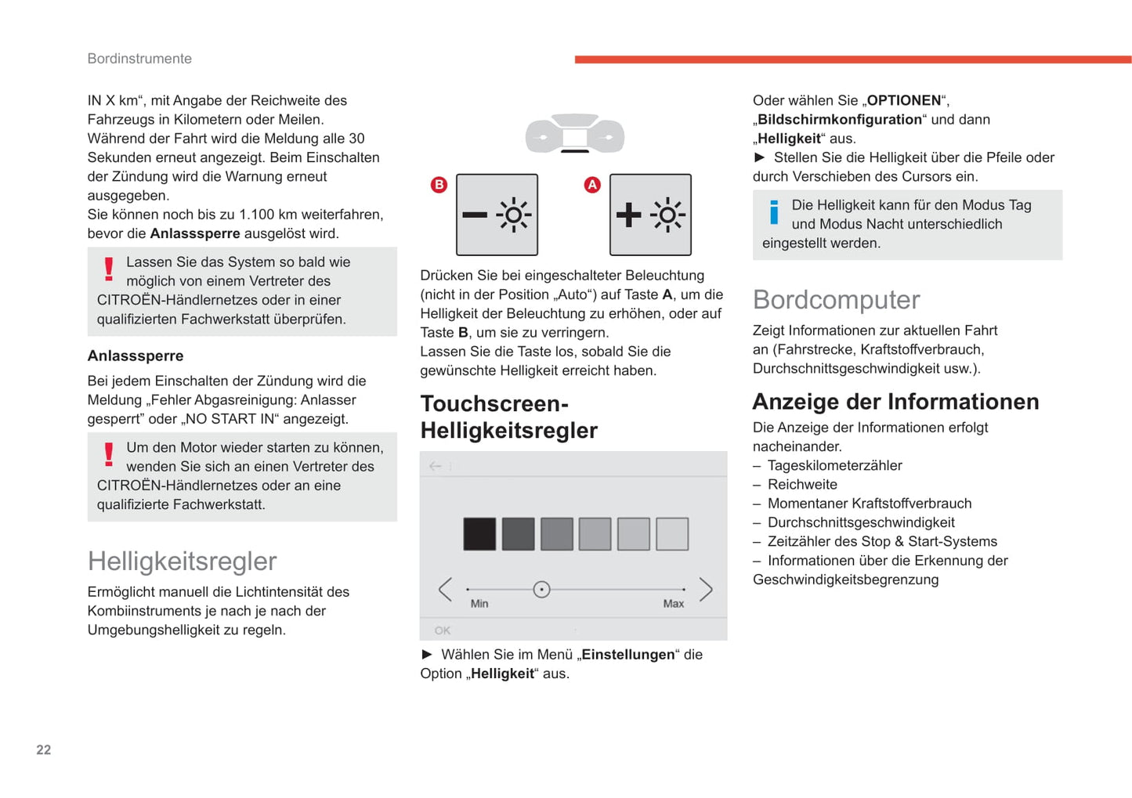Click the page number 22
tap(44, 749)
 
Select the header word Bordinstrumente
tap(139, 59)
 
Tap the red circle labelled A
tap(592, 185)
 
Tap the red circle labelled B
tap(439, 185)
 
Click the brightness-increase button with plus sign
tap(650, 215)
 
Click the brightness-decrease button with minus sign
tap(497, 215)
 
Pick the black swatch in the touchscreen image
tap(479, 534)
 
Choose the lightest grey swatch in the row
tap(672, 534)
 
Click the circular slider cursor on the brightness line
tap(541, 589)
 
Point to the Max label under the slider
tap(673, 604)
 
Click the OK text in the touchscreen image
tap(443, 630)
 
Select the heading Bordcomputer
tap(836, 300)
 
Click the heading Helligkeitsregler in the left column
tap(182, 561)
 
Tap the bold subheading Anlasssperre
tap(136, 356)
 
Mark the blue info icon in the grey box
tap(774, 212)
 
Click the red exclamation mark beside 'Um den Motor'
tap(109, 454)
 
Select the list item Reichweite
tap(802, 485)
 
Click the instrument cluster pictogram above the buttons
tap(575, 134)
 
